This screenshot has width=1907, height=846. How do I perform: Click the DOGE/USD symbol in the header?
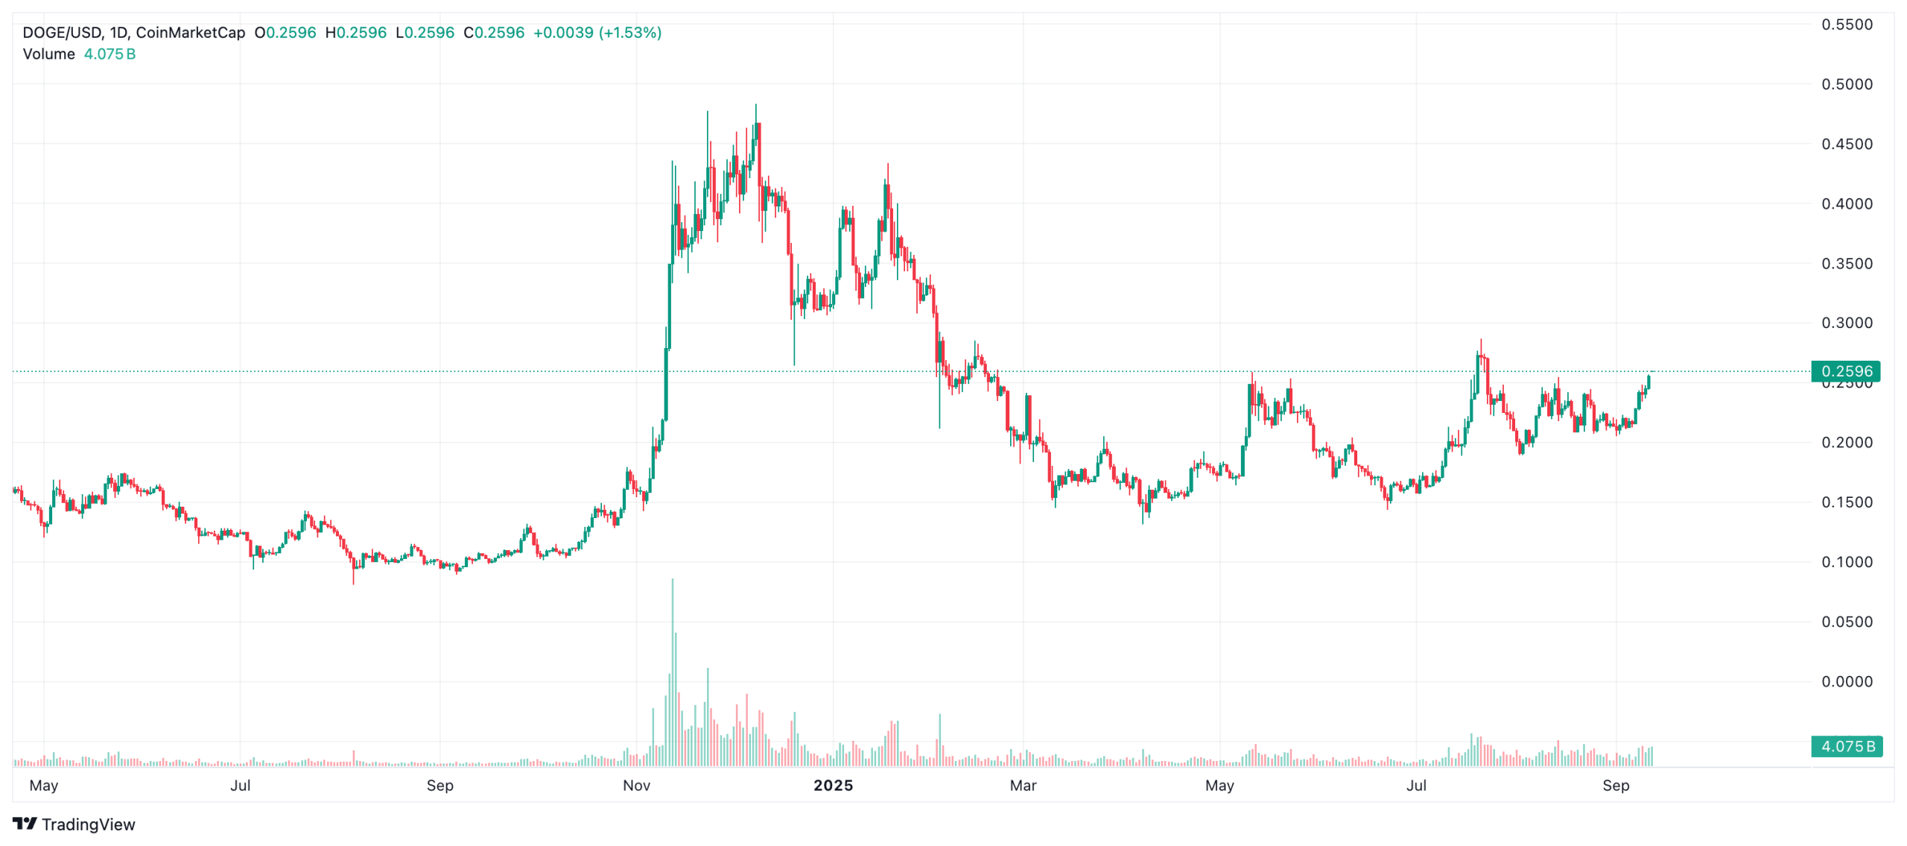(x=63, y=33)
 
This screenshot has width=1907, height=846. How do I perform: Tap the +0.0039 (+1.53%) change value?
(x=597, y=33)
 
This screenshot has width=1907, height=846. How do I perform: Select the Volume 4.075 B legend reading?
(x=79, y=54)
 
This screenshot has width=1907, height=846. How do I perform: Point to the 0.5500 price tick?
(x=1846, y=25)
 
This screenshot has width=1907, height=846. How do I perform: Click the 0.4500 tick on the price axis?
(x=1846, y=144)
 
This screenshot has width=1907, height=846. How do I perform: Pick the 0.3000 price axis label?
(x=1846, y=323)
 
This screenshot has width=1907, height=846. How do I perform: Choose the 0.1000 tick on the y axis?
(x=1846, y=562)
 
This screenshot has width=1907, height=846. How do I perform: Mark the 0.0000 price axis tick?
(x=1846, y=681)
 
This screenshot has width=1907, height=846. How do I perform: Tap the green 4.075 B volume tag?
(x=1846, y=746)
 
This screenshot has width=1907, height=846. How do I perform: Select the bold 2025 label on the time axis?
(x=833, y=786)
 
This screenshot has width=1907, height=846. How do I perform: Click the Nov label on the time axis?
(x=636, y=786)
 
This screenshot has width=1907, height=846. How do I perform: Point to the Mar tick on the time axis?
(x=1023, y=786)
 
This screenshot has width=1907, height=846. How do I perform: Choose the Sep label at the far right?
(x=1616, y=786)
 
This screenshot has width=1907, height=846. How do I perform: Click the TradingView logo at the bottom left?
(x=74, y=824)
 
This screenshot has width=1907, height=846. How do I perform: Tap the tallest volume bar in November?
(x=673, y=671)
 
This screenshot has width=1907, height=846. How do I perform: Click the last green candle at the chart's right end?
(x=1649, y=382)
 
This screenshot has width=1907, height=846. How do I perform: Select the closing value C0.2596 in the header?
(x=494, y=33)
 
